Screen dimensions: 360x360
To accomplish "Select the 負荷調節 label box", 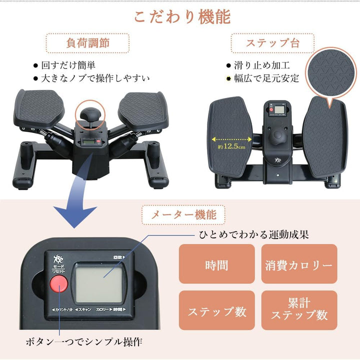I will pos(87,43).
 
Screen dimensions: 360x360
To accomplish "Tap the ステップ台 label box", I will pos(272,43).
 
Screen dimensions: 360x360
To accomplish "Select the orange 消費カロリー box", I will pos(298,264).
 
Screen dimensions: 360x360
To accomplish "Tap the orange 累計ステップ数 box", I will pos(298,311).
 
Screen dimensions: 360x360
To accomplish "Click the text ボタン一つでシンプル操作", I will pos(84,342).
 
